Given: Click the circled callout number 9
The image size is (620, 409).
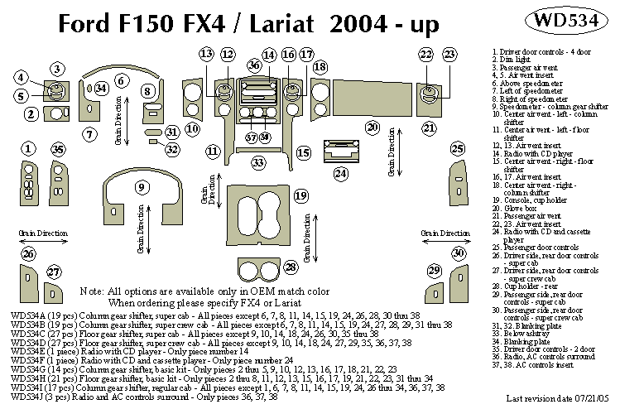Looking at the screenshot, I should point(143,188).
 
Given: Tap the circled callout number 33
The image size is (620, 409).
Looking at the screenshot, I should point(259,163).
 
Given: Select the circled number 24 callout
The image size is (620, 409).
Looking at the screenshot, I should point(341,174).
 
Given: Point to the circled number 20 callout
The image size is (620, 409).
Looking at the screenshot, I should point(372,127).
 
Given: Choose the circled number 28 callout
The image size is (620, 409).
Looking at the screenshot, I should point(291,267).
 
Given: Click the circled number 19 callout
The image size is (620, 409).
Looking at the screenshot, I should point(301,195).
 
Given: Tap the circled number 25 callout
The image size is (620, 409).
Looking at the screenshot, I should point(457,148).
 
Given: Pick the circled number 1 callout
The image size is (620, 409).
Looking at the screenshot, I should point(29,148).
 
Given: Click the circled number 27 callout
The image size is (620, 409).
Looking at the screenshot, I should point(54,272).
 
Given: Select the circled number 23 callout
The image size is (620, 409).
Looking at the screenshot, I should point(449,55).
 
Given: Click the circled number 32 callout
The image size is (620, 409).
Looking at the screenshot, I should point(171,149).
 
